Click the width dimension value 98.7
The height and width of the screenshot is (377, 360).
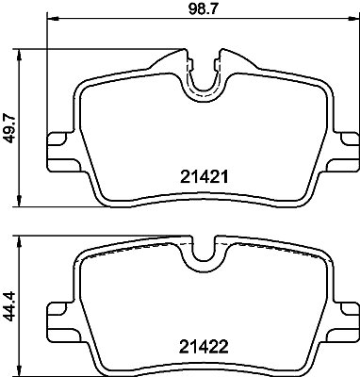pos(203,8)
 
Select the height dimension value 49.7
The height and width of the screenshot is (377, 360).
pos(9,129)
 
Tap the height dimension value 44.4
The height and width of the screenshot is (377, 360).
pos(9,306)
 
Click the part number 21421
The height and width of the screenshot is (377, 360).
pos(204,177)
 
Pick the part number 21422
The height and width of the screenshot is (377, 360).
pos(204,347)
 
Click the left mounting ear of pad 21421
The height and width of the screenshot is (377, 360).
pos(60,152)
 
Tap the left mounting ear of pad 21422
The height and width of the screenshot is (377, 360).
pos(60,321)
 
